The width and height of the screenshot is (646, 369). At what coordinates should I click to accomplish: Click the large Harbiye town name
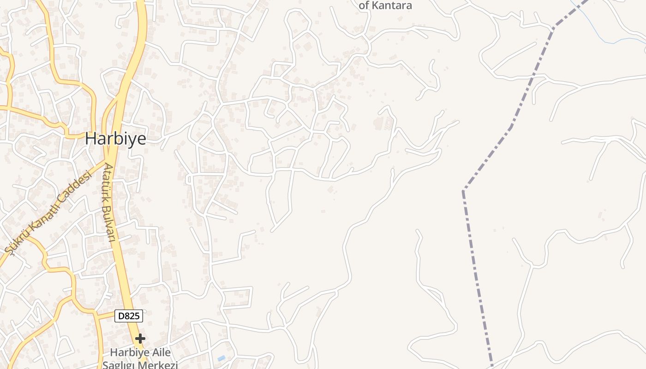tap(115, 138)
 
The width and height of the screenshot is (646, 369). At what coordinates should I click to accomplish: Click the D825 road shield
tap(128, 316)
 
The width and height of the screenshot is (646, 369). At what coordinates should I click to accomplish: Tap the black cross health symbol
tap(140, 339)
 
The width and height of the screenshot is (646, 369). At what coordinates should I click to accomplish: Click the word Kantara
tap(392, 6)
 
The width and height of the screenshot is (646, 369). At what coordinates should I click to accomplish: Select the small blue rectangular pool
tap(221, 358)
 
